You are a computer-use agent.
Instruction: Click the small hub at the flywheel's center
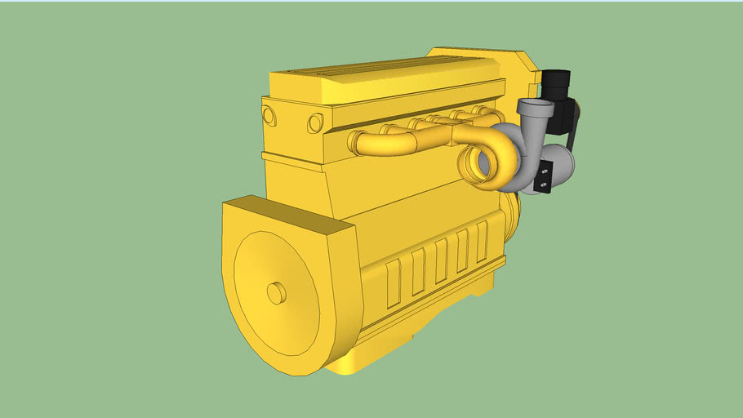276,292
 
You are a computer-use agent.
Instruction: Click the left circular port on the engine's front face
270,115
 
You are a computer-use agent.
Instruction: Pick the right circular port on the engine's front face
315,123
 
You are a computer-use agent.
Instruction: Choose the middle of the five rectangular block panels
441,259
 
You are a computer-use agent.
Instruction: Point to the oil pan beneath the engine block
359,359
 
